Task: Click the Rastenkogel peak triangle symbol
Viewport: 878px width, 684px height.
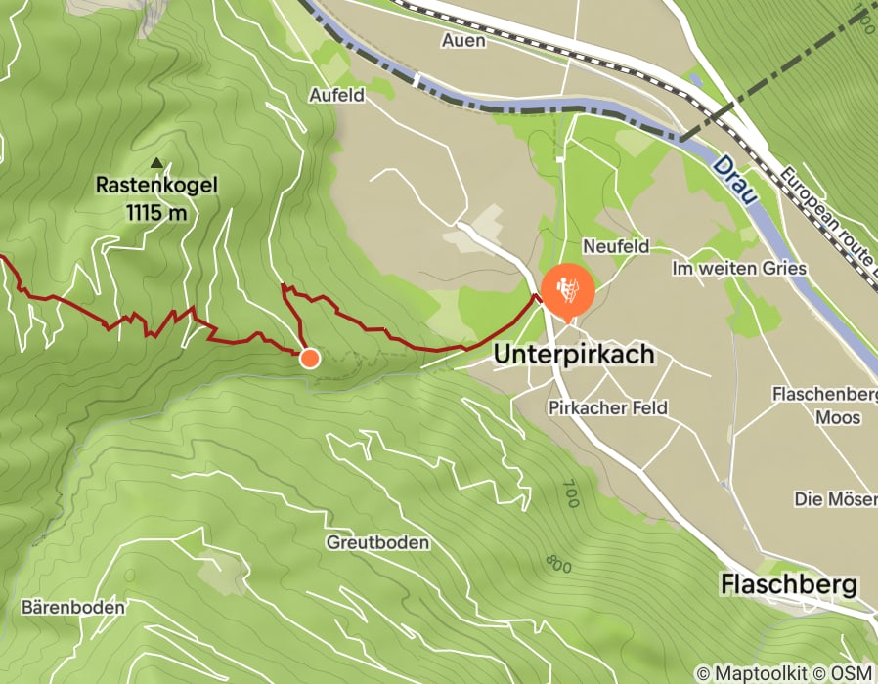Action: [x=156, y=163]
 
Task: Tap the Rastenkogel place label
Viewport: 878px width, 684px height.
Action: [x=156, y=185]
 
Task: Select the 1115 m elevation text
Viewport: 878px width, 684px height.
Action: [x=156, y=211]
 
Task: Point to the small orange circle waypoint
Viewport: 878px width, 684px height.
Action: [x=309, y=358]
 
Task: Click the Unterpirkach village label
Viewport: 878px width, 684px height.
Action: [x=574, y=354]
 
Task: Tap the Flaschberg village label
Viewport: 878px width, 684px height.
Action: [x=789, y=585]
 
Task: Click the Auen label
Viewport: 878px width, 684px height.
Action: [x=463, y=40]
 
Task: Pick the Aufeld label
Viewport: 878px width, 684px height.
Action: [x=336, y=95]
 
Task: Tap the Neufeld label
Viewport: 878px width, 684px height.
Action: [x=616, y=247]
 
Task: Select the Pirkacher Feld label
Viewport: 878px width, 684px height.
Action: [x=608, y=406]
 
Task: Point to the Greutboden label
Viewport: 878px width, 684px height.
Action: [x=378, y=542]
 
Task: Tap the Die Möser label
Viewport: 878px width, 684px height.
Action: [x=834, y=499]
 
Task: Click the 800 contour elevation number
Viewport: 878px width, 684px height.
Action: [x=558, y=564]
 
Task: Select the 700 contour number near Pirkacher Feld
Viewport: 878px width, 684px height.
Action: [x=571, y=493]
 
